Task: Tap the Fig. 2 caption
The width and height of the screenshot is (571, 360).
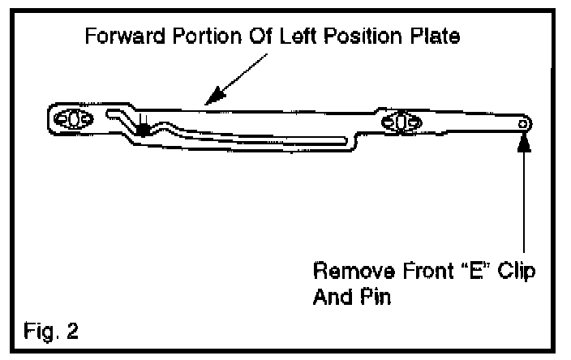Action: [51, 332]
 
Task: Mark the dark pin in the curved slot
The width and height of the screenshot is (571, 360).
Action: [144, 127]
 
